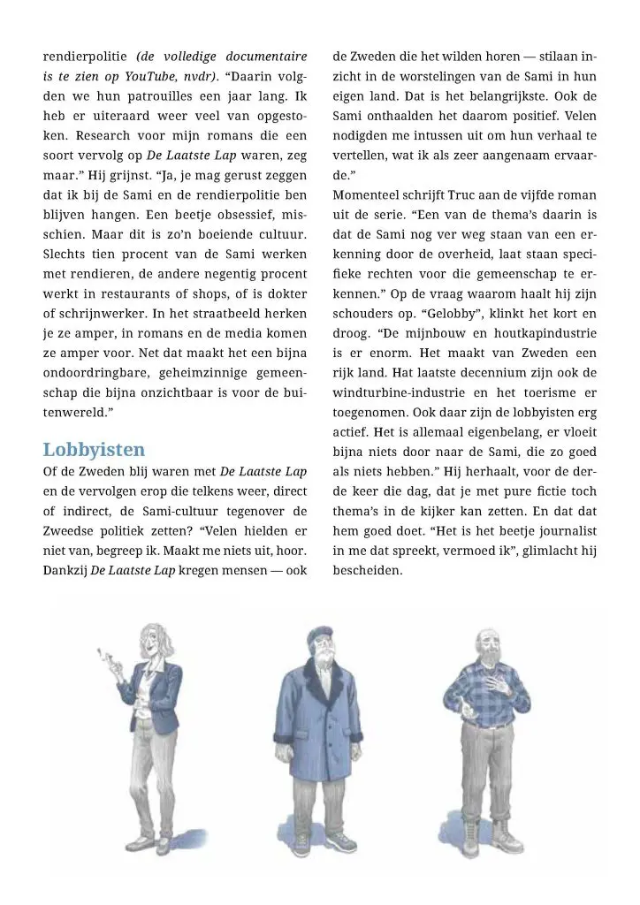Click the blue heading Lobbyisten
coord(94,449)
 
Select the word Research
coord(106,135)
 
